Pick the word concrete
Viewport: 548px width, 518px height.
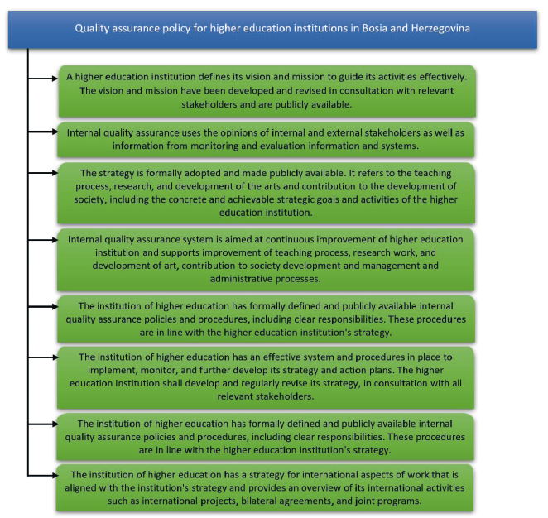[235, 199]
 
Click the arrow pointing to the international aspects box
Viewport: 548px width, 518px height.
[45, 476]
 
